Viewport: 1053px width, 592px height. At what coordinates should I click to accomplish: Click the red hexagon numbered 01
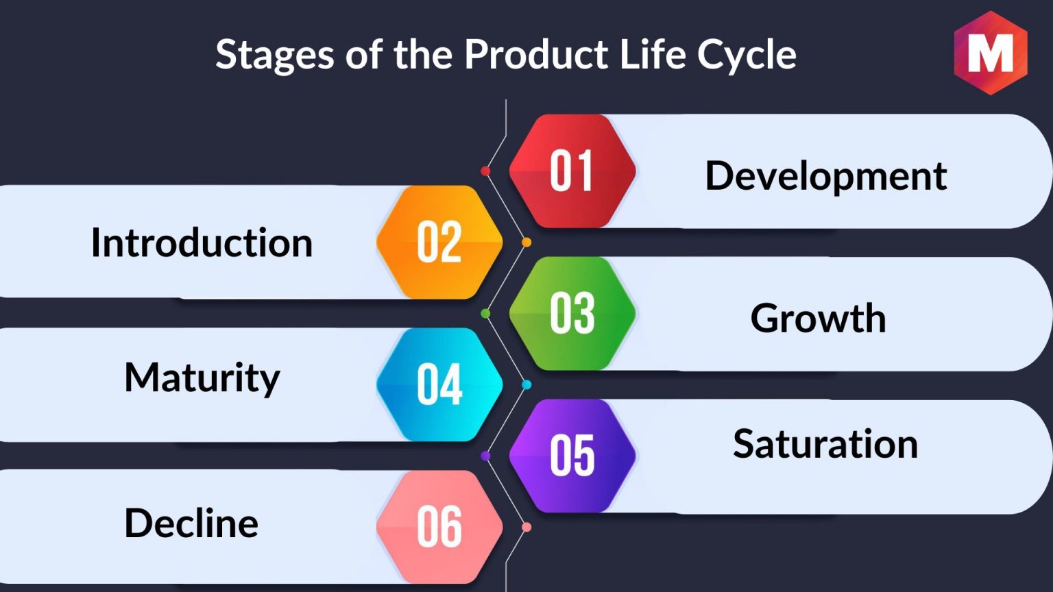pos(572,171)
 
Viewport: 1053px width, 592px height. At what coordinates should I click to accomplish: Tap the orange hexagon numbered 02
pos(439,242)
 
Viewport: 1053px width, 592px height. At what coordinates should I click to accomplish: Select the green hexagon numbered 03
pos(572,313)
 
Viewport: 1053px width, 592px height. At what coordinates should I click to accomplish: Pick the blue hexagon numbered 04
pos(439,384)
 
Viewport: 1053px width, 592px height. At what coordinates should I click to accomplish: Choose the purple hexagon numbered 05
pos(572,456)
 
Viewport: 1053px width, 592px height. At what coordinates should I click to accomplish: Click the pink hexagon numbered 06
pos(439,527)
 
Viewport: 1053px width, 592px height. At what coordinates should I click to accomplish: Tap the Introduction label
pos(202,243)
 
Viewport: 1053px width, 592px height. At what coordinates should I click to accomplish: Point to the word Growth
pos(818,318)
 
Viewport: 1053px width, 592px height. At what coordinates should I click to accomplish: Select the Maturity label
pos(202,379)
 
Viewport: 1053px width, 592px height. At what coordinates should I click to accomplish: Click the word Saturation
pos(825,444)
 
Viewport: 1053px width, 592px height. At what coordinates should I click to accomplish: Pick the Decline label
pos(191,523)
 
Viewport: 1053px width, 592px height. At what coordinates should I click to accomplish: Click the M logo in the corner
pos(991,53)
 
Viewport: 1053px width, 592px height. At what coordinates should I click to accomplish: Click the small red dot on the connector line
pos(485,171)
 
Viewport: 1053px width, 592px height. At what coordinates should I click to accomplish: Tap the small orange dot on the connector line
pos(526,243)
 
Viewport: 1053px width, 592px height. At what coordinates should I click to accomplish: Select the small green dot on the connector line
pos(485,313)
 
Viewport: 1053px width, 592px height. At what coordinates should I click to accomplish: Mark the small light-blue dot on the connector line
pos(526,385)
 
